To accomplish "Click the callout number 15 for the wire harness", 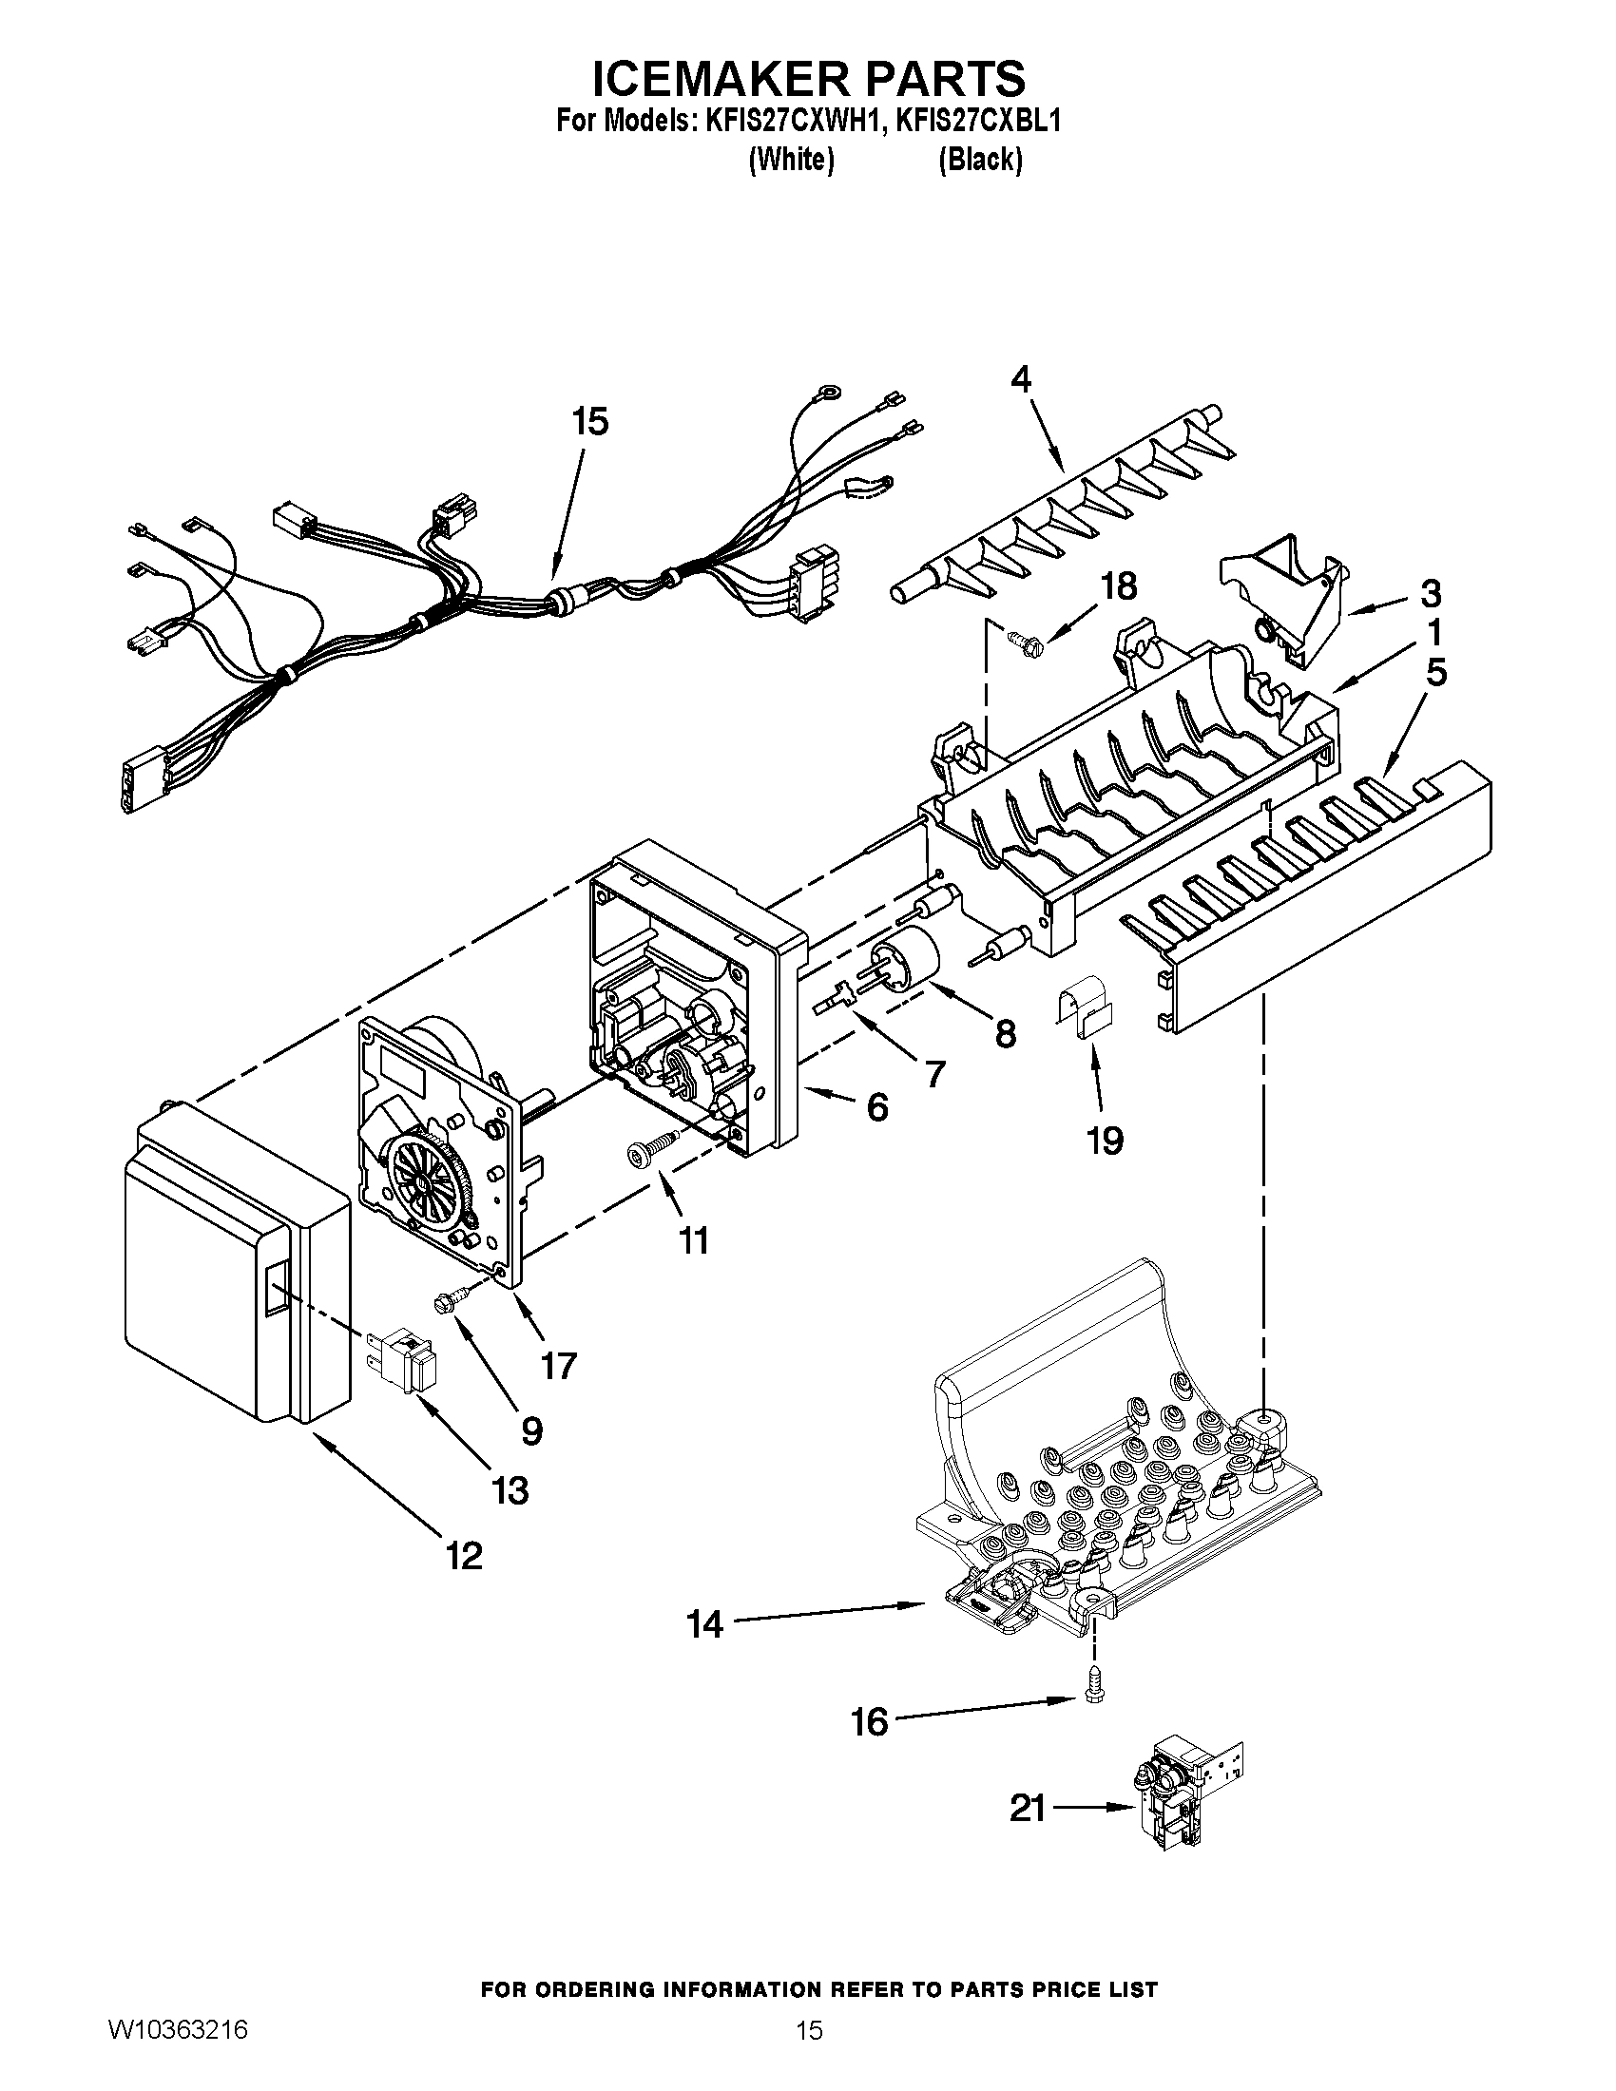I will pyautogui.click(x=590, y=421).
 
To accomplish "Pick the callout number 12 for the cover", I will pyautogui.click(x=464, y=1556).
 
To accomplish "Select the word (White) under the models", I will pyautogui.click(x=790, y=160).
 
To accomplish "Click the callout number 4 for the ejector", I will pyautogui.click(x=1022, y=380).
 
